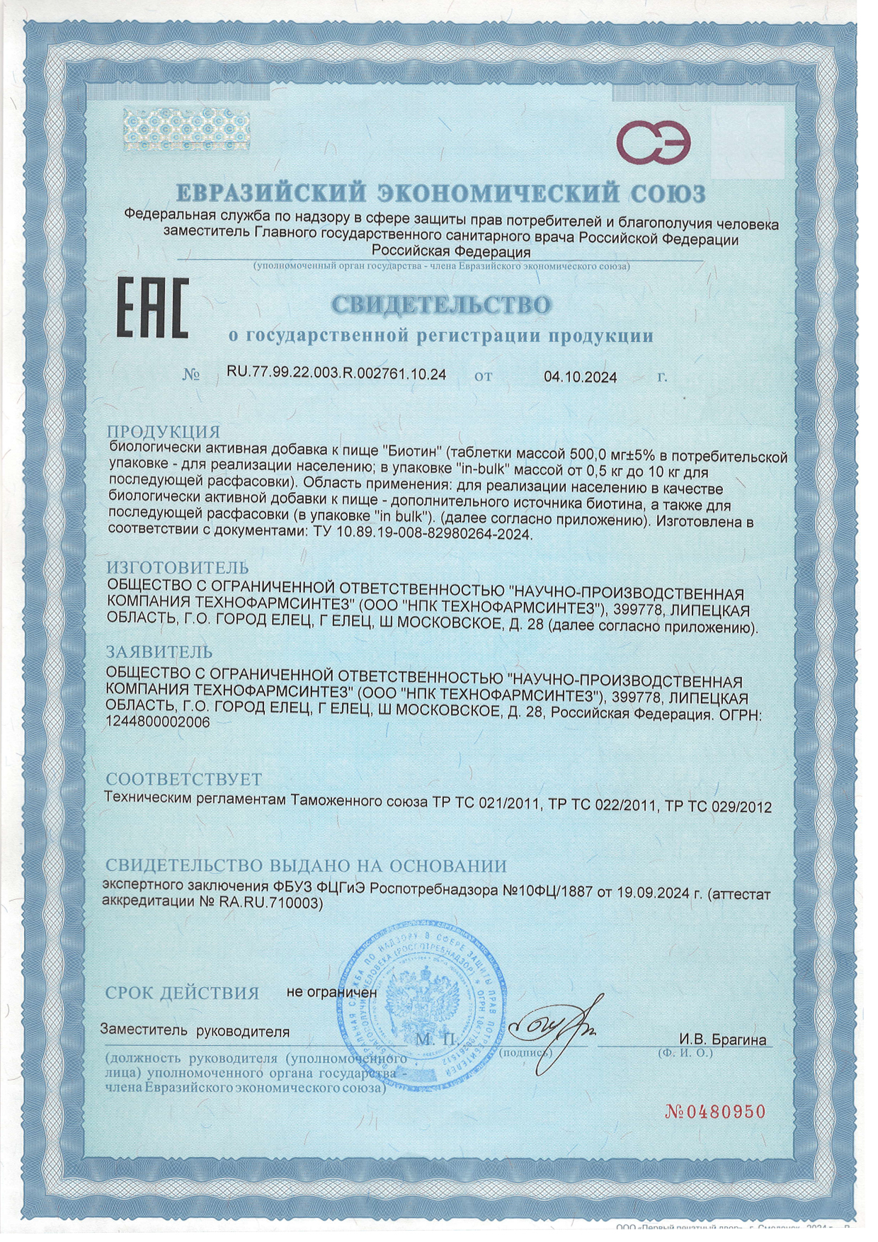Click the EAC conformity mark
(x=152, y=309)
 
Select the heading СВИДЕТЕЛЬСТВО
(x=441, y=305)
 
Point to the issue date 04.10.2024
(x=580, y=377)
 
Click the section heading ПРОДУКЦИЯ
(x=164, y=432)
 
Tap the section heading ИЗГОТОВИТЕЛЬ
(x=177, y=567)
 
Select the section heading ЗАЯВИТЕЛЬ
(x=159, y=651)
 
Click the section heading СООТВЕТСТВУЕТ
(x=184, y=779)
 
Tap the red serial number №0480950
(x=716, y=1111)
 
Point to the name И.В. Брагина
(x=722, y=1039)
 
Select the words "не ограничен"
(x=331, y=992)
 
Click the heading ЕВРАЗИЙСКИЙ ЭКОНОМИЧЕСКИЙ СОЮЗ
(x=440, y=193)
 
